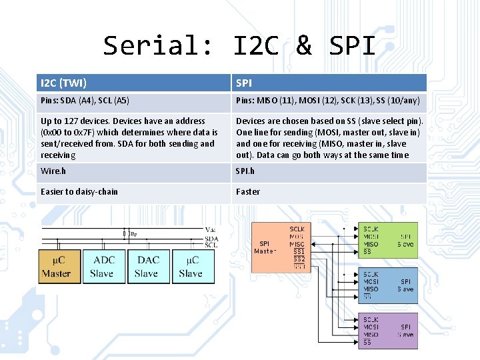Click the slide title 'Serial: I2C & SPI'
coord(239,45)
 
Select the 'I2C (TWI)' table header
coord(133,83)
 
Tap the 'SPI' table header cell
coord(329,83)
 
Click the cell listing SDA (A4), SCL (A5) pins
coord(133,101)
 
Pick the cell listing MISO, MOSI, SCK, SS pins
coord(329,101)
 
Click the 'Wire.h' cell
coord(133,171)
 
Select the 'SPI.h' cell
coord(329,171)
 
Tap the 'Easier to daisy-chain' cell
coord(133,192)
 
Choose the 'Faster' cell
coord(329,192)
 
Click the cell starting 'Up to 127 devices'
coord(133,138)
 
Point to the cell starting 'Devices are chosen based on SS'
coord(329,138)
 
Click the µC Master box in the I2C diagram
coord(58,267)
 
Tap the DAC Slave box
coord(147,267)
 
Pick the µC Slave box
coord(192,267)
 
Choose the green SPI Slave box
coord(389,240)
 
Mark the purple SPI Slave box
coord(389,331)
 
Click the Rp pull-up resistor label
coord(133,234)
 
